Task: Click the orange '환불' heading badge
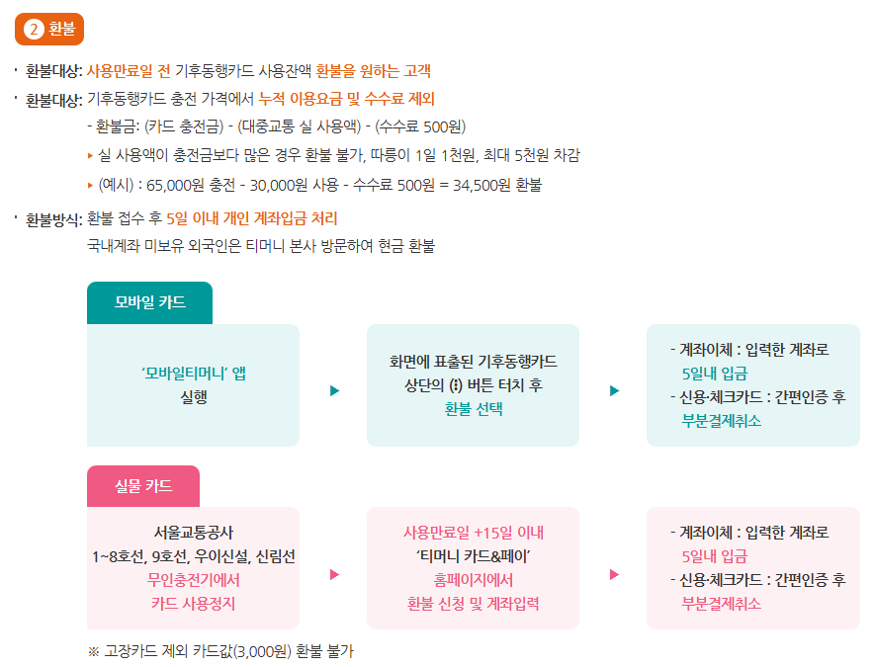coord(49,30)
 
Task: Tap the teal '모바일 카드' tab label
coord(149,302)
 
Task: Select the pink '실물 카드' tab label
coord(143,485)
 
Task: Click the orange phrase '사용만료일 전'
coord(129,71)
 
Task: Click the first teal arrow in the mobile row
coord(334,391)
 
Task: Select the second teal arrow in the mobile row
coord(614,391)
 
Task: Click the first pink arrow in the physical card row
coord(334,574)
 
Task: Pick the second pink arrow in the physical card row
coord(614,574)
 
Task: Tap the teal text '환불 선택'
coord(474,408)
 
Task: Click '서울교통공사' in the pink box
coord(194,533)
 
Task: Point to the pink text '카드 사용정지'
coord(194,603)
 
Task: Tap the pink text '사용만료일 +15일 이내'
coord(474,533)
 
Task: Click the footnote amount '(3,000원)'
coord(262,651)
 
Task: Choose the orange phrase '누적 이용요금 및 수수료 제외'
coord(346,99)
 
